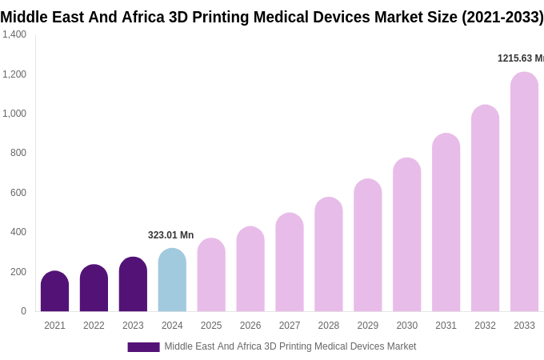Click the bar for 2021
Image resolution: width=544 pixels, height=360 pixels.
click(x=54, y=292)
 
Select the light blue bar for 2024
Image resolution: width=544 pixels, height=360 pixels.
click(x=172, y=281)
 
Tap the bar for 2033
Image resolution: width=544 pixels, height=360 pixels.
click(x=524, y=192)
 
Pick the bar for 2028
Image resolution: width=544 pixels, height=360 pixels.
click(x=329, y=254)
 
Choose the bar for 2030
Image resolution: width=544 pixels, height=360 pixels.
click(x=406, y=235)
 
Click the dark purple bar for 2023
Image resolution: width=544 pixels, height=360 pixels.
click(x=133, y=285)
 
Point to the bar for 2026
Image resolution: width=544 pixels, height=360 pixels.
click(x=250, y=270)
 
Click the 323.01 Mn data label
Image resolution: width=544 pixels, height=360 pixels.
click(x=170, y=235)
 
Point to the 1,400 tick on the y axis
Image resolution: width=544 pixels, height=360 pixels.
click(x=14, y=34)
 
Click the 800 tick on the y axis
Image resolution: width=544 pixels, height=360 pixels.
click(x=18, y=153)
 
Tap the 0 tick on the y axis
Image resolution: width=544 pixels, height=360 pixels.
click(x=23, y=311)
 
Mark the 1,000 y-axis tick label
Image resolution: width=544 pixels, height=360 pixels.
click(x=14, y=114)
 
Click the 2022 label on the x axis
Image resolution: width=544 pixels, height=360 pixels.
click(x=94, y=326)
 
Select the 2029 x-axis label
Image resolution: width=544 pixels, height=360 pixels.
click(x=368, y=326)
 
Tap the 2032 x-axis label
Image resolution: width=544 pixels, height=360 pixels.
click(x=485, y=326)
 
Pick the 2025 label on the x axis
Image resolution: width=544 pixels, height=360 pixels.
click(x=211, y=326)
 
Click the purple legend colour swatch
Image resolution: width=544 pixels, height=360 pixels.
click(x=143, y=347)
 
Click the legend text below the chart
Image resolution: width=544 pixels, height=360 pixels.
click(x=290, y=346)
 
